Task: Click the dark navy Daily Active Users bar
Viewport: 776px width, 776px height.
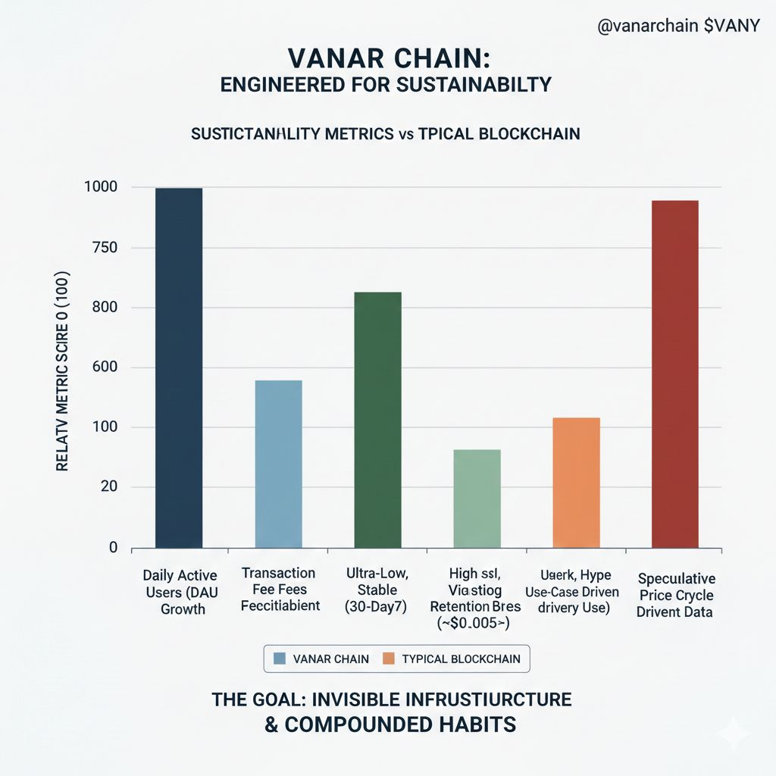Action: tap(179, 368)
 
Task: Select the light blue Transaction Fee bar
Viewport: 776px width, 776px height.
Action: tap(278, 464)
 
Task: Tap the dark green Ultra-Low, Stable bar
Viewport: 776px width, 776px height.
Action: tap(377, 420)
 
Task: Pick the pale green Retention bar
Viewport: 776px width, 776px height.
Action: tap(477, 499)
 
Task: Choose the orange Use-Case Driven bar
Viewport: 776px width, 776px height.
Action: tap(576, 483)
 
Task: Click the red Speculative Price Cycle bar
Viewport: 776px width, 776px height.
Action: tap(674, 374)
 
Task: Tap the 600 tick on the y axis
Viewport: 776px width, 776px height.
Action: tap(105, 368)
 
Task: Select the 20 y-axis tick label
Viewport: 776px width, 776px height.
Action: tap(109, 487)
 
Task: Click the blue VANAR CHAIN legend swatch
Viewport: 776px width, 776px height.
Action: tap(278, 659)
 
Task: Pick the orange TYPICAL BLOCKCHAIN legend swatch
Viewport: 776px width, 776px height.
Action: tap(390, 659)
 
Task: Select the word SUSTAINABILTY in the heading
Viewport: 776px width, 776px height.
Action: tap(472, 84)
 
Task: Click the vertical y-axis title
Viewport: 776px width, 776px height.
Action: tap(62, 371)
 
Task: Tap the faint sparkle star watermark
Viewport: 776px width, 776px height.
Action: tap(734, 733)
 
